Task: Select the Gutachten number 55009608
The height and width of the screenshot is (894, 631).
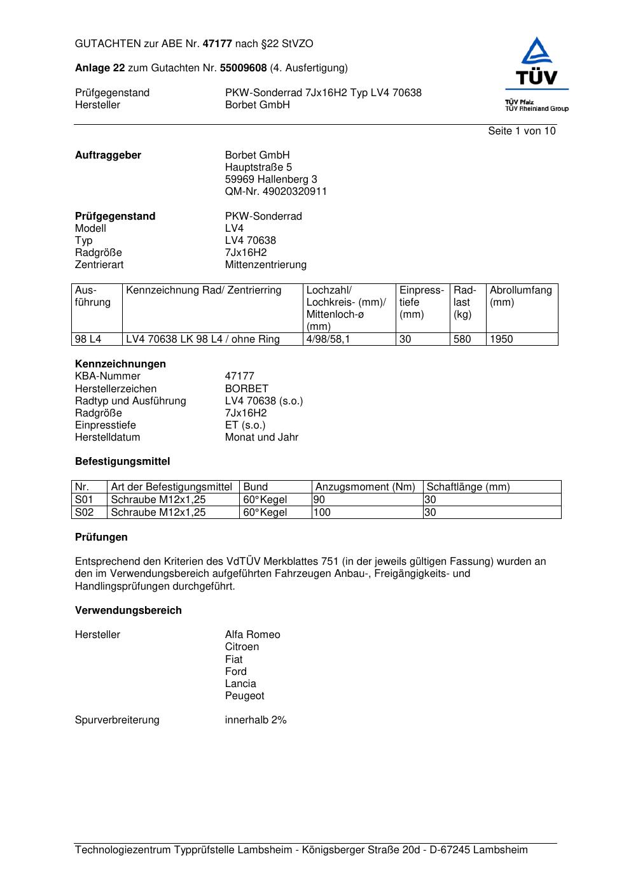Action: click(243, 67)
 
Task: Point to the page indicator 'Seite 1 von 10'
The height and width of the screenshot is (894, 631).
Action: click(522, 131)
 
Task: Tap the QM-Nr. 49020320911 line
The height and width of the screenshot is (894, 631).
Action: click(276, 192)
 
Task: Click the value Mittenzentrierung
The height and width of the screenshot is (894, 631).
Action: click(265, 265)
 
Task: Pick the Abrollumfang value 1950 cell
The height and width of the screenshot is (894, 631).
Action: click(501, 339)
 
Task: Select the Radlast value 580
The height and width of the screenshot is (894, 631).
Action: click(462, 339)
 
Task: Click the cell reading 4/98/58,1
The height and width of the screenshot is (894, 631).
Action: click(328, 339)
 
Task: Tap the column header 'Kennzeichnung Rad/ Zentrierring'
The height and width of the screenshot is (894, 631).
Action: click(204, 290)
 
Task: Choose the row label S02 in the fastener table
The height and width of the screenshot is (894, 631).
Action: click(85, 512)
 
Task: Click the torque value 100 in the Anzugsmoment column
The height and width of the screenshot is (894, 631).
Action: click(322, 512)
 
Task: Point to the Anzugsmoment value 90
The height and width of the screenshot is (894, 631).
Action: click(319, 500)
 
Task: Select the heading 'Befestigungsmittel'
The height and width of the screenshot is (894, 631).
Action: click(122, 462)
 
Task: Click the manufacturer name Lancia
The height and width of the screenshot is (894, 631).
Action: click(240, 684)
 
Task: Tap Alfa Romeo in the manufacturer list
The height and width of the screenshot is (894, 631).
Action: click(253, 635)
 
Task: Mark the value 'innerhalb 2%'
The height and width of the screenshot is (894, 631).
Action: click(256, 720)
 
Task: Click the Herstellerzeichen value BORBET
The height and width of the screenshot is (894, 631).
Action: click(247, 388)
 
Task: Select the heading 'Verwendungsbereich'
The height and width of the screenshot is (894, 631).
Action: click(128, 611)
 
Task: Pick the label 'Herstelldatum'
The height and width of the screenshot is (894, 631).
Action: click(107, 437)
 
